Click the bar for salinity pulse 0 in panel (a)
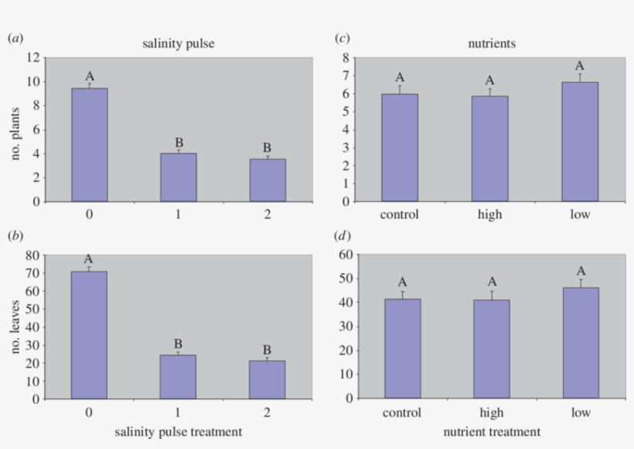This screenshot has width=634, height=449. [90, 145]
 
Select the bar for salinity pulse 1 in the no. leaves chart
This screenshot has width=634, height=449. [178, 376]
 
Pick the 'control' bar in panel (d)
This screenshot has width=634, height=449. [402, 349]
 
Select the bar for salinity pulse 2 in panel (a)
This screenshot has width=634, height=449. [268, 180]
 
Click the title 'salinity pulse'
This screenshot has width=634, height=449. [178, 43]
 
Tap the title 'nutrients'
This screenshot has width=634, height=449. [491, 43]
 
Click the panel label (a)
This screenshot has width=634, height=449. [15, 37]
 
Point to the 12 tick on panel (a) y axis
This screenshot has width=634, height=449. [33, 58]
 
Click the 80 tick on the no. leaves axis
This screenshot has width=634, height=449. [32, 255]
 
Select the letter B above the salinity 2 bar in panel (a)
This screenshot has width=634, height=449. [267, 148]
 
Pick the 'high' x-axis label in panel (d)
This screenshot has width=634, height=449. [490, 413]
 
